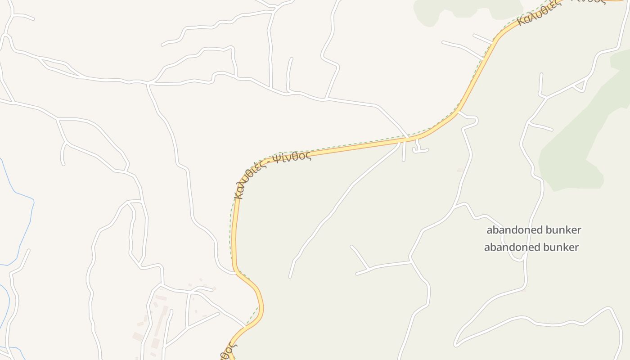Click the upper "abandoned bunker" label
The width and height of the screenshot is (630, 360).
pyautogui.click(x=534, y=230)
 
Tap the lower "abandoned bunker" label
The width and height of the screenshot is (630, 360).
pyautogui.click(x=531, y=247)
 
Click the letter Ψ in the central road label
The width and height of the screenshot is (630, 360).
pyautogui.click(x=279, y=161)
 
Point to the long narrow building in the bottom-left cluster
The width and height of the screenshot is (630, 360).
pyautogui.click(x=160, y=320)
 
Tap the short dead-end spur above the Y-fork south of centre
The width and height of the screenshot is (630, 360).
pyautogui.click(x=360, y=256)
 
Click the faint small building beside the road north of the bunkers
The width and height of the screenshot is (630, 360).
pyautogui.click(x=460, y=170)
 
